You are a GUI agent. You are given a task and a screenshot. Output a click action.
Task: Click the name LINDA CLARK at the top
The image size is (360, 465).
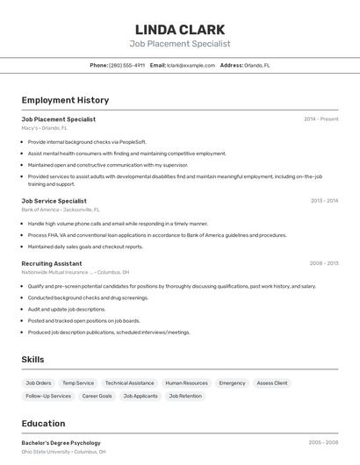pos(180,29)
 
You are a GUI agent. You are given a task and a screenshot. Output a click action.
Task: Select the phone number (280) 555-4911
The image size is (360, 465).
pos(126,65)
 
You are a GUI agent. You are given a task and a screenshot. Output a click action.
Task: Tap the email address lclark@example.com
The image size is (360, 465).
pos(191,65)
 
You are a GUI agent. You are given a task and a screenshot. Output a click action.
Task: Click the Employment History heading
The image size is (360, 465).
pos(65,100)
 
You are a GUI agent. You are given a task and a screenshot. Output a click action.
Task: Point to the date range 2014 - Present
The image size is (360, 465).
pos(320,118)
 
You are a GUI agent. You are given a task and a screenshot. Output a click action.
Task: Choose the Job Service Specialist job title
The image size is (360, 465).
pos(54,201)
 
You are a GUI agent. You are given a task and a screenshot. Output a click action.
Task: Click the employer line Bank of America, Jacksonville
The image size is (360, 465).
pos(61,210)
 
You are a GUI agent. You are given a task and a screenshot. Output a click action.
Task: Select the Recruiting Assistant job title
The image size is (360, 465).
pos(52,263)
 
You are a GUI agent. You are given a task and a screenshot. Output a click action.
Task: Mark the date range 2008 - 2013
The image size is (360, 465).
pos(323,263)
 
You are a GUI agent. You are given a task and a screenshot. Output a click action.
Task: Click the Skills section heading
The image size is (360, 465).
pos(32,360)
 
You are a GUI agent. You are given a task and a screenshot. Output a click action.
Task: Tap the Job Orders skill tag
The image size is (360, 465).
pos(39,383)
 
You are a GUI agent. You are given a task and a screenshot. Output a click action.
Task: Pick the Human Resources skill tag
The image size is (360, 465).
pos(186,383)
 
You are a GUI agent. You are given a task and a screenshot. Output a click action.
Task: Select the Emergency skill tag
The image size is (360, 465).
pos(232,383)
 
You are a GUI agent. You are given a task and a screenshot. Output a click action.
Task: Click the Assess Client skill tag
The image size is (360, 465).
pos(272,383)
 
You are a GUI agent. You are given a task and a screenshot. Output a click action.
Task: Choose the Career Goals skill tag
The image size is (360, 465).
pos(97,397)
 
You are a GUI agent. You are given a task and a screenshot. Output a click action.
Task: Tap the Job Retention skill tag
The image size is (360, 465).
pos(185,397)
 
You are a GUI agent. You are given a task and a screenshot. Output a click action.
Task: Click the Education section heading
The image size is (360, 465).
pos(43,423)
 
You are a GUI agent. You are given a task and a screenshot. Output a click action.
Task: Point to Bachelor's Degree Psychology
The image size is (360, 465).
pos(61,443)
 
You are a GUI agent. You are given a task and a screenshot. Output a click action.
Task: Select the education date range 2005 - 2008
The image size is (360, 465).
pos(323,443)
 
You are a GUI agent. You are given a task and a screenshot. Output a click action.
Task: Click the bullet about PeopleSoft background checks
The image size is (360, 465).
pos(87,141)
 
